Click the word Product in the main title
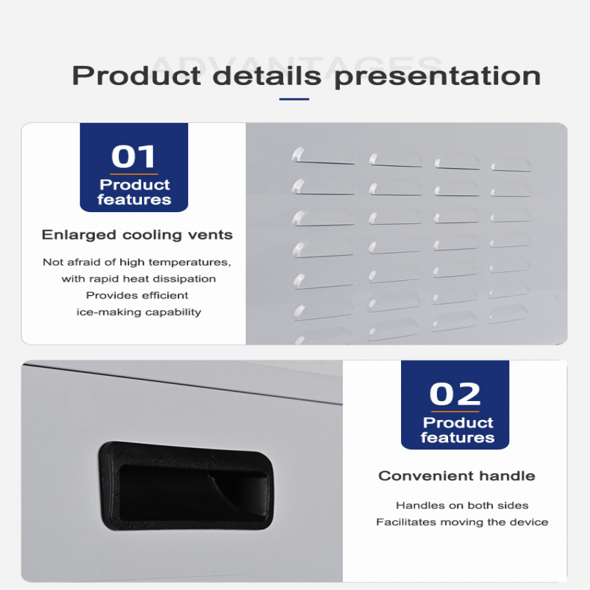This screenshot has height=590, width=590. pyautogui.click(x=136, y=76)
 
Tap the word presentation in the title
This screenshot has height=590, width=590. pyautogui.click(x=437, y=76)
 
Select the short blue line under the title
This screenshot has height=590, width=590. pyautogui.click(x=294, y=99)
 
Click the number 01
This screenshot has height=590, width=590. pyautogui.click(x=133, y=157)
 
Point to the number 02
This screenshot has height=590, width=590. pyautogui.click(x=455, y=394)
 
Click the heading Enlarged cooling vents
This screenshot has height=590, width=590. pyautogui.click(x=137, y=235)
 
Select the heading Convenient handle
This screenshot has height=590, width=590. pyautogui.click(x=457, y=476)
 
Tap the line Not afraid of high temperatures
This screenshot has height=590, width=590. pyautogui.click(x=136, y=262)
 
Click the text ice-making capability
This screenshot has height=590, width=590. pyautogui.click(x=139, y=312)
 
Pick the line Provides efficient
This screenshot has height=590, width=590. pyautogui.click(x=137, y=296)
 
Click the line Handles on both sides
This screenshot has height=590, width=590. pyautogui.click(x=462, y=505)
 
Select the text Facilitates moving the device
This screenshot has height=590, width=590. pyautogui.click(x=462, y=522)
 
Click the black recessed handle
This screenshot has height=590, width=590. pyautogui.click(x=185, y=485)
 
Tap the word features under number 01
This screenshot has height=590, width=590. pyautogui.click(x=134, y=200)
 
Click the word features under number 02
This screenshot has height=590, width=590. pyautogui.click(x=457, y=438)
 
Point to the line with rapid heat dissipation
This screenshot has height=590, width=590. pyautogui.click(x=139, y=279)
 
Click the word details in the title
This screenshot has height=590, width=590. pyautogui.click(x=270, y=76)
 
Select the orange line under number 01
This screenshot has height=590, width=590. pyautogui.click(x=134, y=173)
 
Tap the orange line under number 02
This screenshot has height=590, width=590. pyautogui.click(x=455, y=412)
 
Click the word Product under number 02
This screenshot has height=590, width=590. pyautogui.click(x=458, y=423)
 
